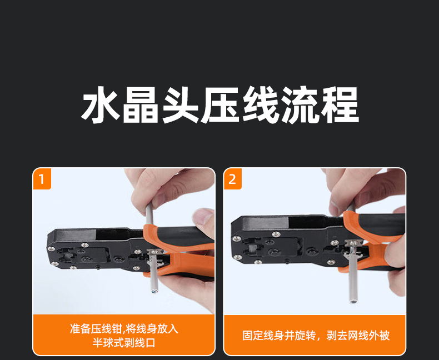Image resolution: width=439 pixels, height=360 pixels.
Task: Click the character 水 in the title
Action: coord(101,104)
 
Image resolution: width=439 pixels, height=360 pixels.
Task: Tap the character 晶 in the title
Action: coord(141,104)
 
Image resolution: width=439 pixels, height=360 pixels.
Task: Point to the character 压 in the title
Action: coord(220,104)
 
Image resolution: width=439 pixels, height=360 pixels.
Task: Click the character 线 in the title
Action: coord(260,104)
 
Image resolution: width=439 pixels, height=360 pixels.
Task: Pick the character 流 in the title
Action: coord(300,104)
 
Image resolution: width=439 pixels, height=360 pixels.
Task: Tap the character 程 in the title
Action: coord(340,104)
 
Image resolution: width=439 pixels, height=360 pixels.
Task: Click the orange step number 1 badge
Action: coord(42,179)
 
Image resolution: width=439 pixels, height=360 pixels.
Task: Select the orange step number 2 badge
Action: coord(232,179)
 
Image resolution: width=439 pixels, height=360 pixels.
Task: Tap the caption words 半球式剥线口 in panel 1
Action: coord(124,343)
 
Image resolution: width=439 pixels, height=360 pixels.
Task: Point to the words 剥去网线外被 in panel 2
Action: coord(358,336)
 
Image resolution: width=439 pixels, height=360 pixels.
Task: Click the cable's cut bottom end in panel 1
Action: coord(154,291)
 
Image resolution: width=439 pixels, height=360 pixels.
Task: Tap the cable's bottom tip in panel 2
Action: coord(353,302)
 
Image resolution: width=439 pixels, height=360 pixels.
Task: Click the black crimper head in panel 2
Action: coord(286,239)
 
